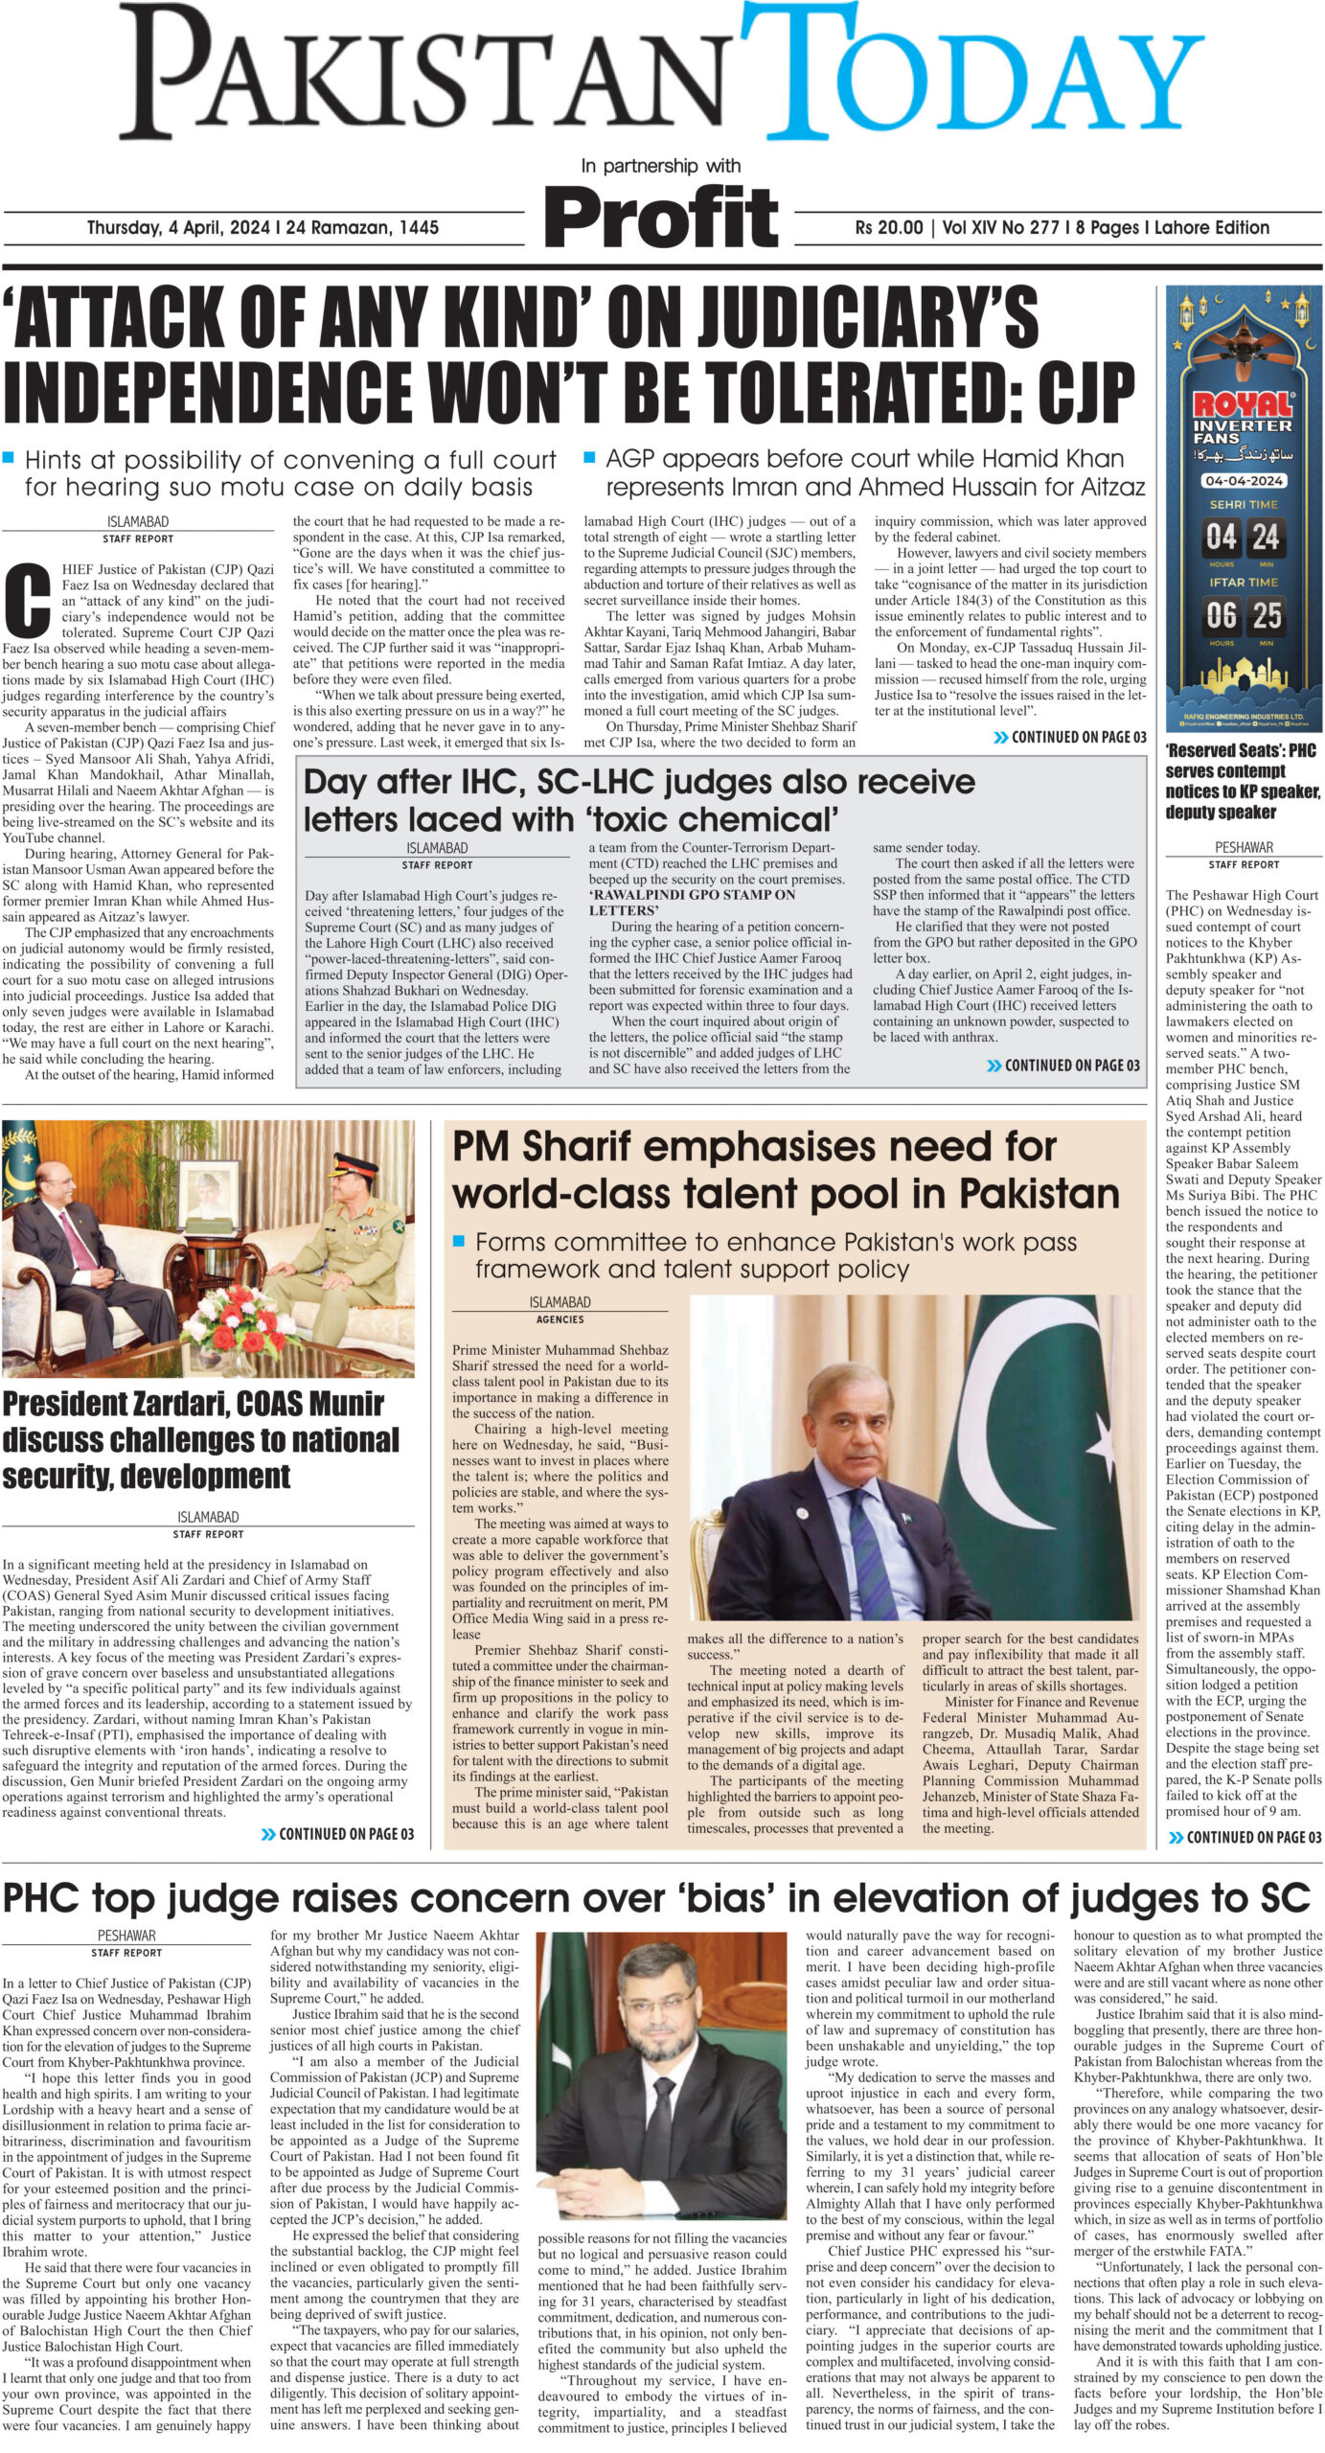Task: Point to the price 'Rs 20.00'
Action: click(x=889, y=228)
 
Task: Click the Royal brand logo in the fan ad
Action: click(x=1243, y=403)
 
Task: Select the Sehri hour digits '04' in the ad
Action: click(x=1222, y=538)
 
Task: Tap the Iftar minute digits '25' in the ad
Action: click(x=1266, y=614)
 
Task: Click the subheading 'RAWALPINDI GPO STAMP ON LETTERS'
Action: click(x=691, y=902)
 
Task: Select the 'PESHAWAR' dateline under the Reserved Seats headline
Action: click(x=1243, y=847)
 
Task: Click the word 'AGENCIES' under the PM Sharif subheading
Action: click(x=560, y=1319)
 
